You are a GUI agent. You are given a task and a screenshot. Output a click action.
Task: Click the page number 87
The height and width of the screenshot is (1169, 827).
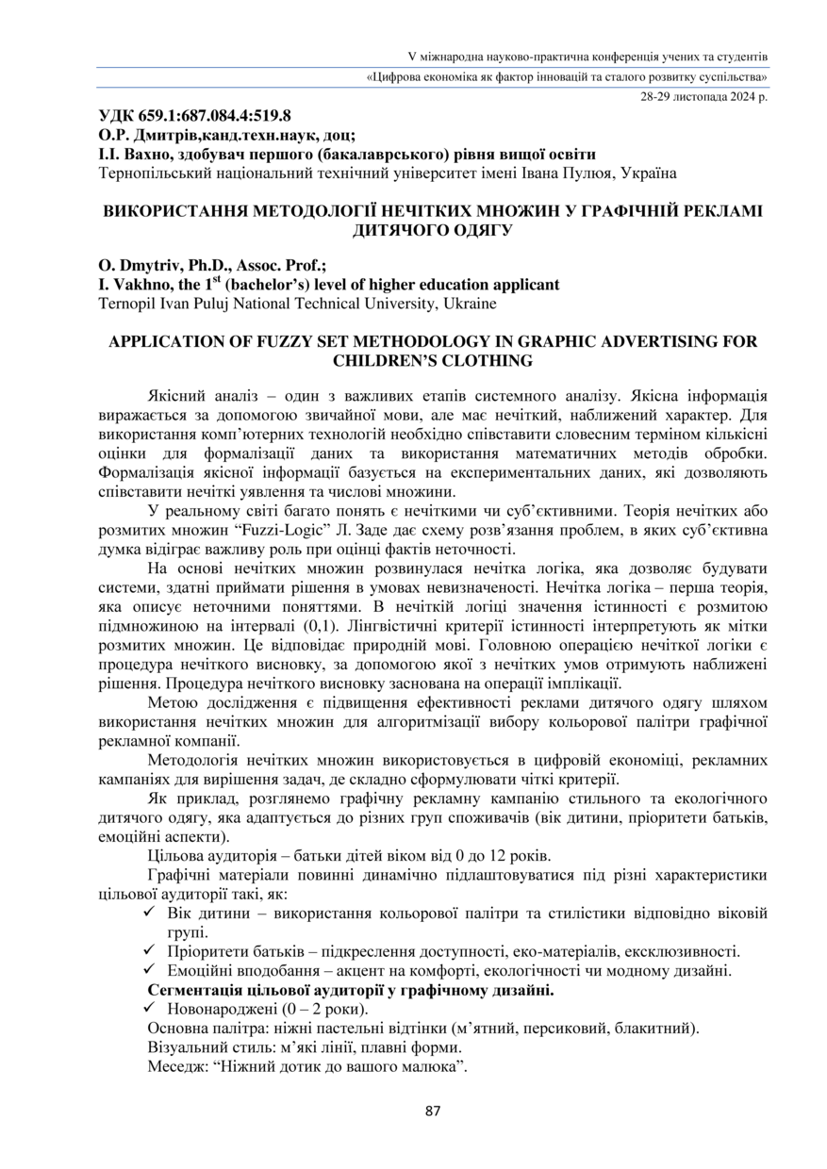433,1111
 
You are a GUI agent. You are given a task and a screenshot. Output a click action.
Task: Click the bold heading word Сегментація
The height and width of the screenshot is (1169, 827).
197,991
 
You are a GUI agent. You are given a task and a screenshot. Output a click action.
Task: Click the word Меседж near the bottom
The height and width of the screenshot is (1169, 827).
175,1068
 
